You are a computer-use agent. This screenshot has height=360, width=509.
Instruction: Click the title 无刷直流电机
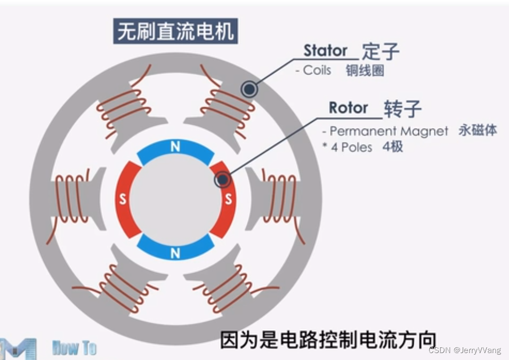[175, 32]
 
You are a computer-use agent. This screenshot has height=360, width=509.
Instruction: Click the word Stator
[325, 51]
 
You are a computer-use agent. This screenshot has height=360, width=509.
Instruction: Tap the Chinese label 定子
[381, 52]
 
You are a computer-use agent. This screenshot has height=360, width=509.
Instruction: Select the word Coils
[317, 70]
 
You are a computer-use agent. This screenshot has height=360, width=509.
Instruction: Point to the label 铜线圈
[365, 70]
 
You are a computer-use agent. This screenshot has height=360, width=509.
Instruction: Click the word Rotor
[348, 108]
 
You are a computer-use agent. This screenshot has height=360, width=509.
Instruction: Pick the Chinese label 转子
[402, 109]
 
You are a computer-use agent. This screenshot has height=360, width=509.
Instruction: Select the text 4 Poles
[352, 147]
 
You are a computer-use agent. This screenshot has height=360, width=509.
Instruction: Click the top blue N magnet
[175, 150]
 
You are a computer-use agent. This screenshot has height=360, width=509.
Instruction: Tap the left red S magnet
[124, 200]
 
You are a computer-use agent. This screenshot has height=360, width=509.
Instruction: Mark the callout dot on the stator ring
[249, 89]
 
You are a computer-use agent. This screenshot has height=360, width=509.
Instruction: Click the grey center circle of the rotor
[175, 200]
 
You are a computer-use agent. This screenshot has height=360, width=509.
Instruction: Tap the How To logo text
[75, 348]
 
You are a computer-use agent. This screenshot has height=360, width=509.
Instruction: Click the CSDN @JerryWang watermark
[464, 350]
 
